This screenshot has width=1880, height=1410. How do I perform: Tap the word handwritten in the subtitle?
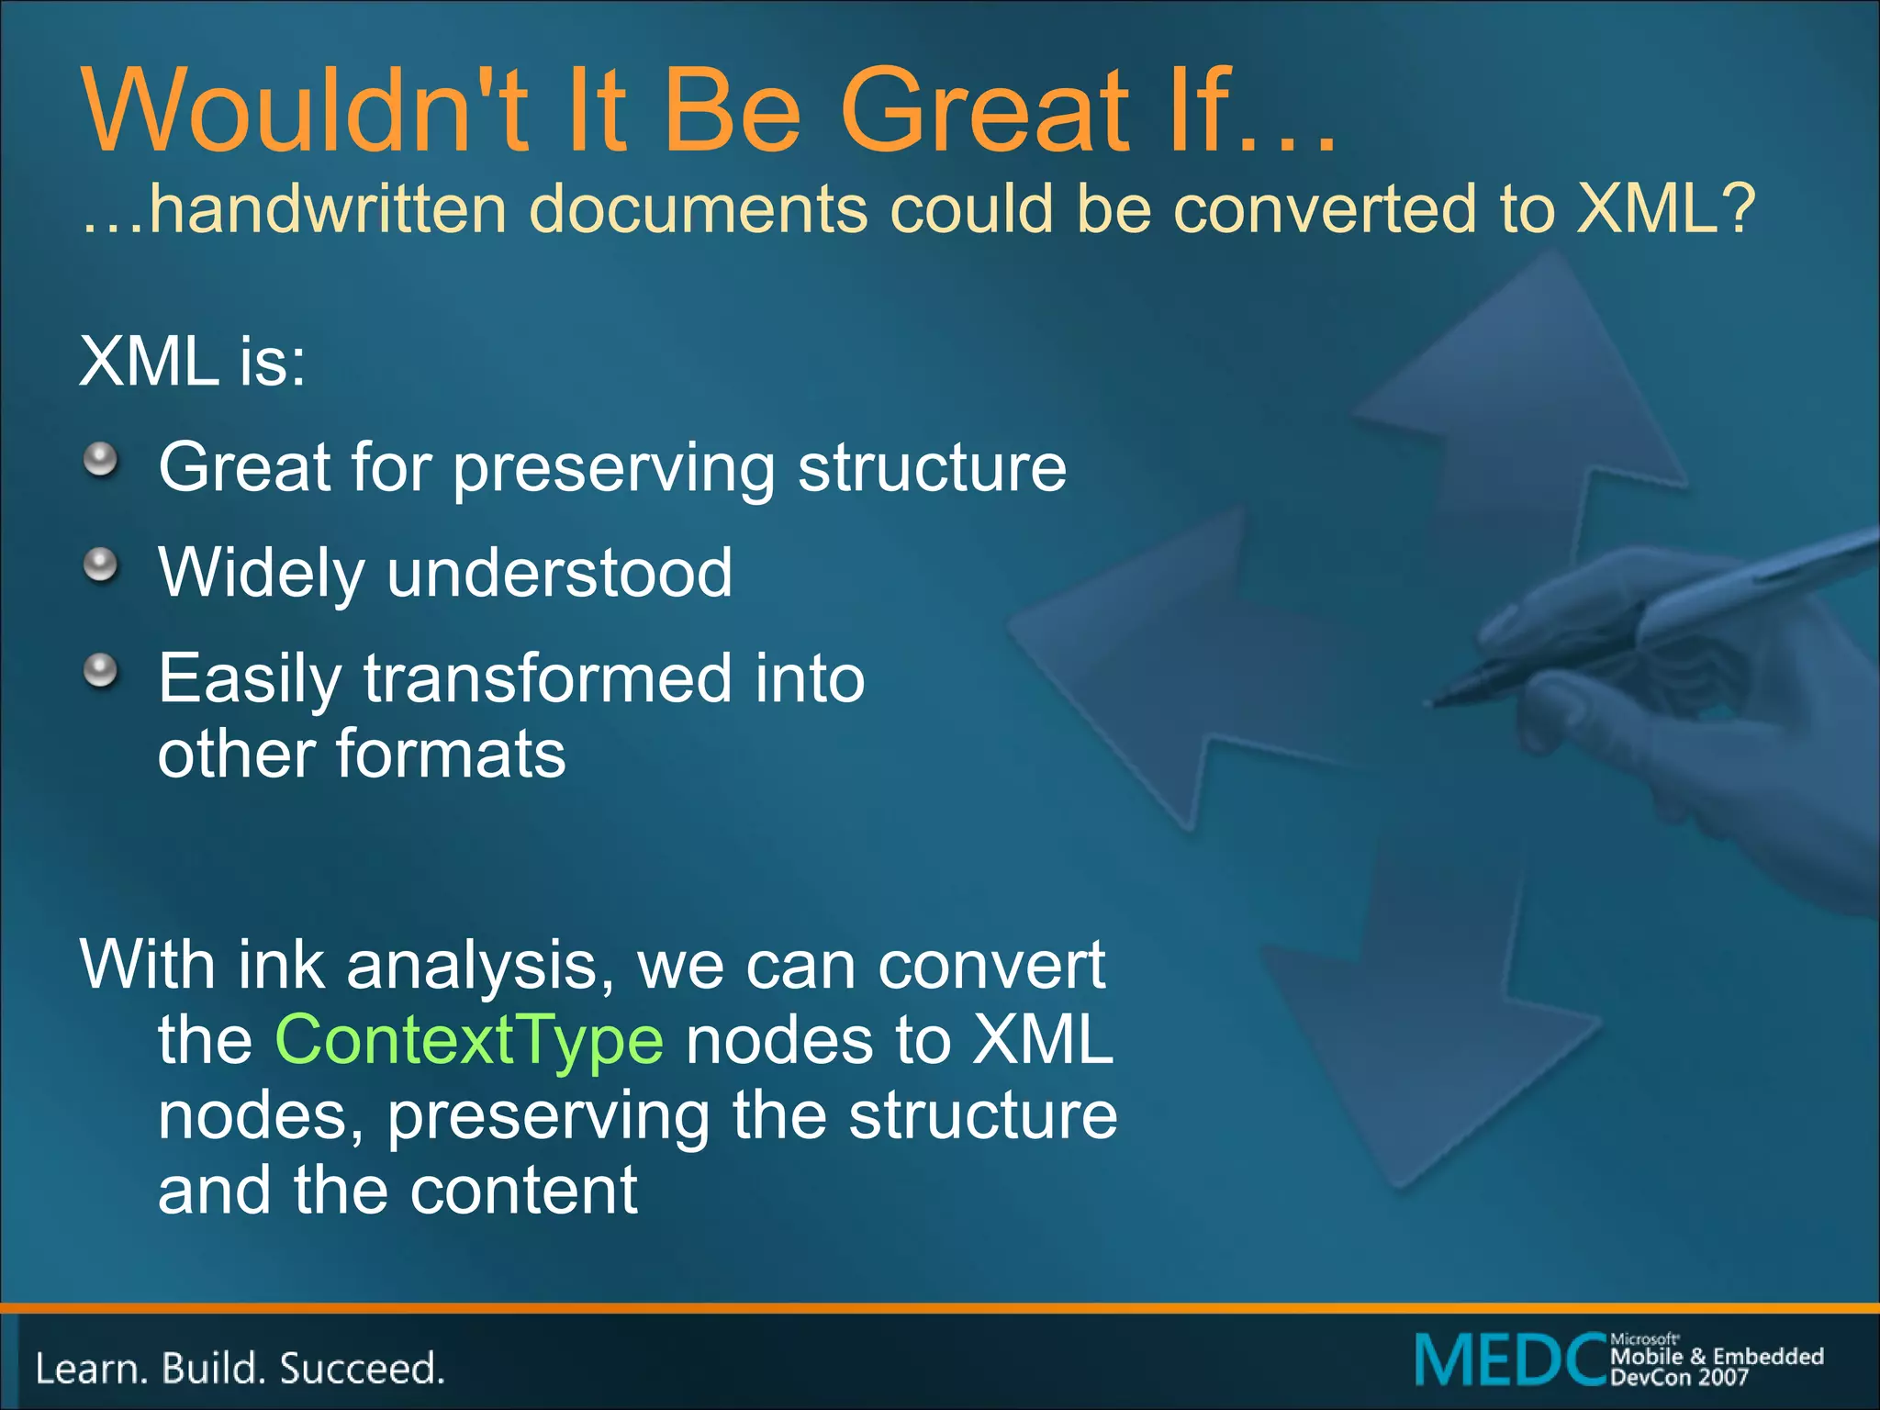pos(328,209)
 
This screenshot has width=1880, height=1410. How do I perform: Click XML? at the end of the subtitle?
pos(1663,209)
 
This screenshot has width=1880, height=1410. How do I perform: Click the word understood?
pos(560,573)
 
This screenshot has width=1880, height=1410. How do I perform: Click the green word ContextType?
pos(468,1040)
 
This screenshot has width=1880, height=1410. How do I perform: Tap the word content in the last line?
pos(523,1191)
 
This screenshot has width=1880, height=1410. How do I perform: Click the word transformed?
pos(548,678)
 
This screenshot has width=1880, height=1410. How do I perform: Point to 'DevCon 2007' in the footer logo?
pos(1679,1377)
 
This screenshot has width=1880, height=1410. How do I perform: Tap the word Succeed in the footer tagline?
pos(362,1369)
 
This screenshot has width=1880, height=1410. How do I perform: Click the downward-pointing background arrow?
pos(1414,1056)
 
